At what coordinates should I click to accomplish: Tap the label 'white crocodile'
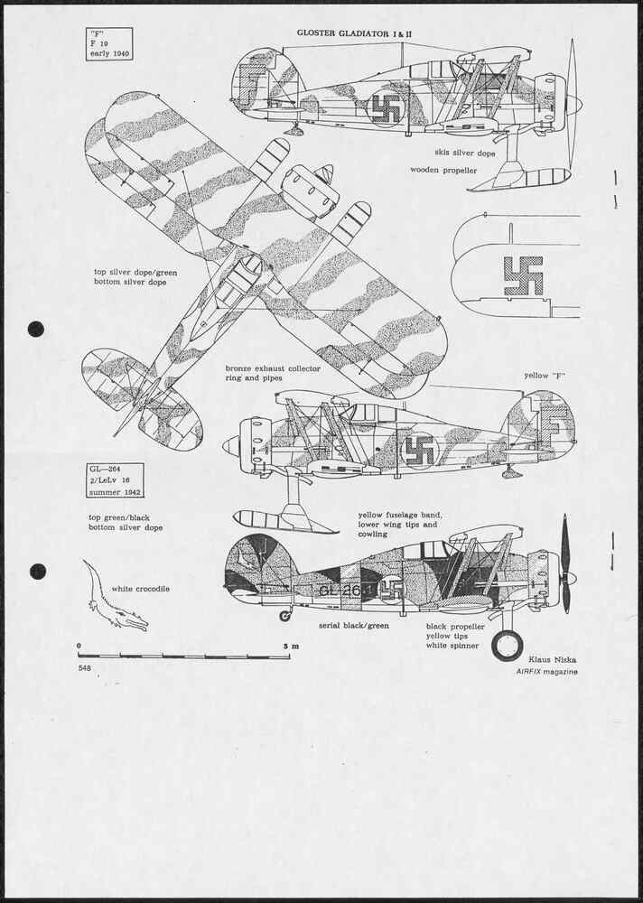click(141, 589)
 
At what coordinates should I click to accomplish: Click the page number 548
click(85, 668)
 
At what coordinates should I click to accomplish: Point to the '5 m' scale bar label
click(291, 646)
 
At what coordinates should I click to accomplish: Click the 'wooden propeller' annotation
click(443, 171)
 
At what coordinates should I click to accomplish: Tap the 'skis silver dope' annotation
click(465, 154)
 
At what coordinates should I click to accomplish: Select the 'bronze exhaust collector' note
click(273, 368)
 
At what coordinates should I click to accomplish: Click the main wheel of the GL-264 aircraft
click(508, 646)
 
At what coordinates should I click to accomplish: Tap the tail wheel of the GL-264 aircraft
click(285, 616)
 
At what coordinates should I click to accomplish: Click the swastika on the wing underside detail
click(523, 275)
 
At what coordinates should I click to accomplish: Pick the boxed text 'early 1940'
click(109, 54)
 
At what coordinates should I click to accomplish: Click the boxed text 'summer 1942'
click(113, 492)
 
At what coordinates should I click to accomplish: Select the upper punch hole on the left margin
click(36, 329)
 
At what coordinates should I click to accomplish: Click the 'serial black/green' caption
click(354, 626)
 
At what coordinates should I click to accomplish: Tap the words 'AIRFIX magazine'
click(546, 672)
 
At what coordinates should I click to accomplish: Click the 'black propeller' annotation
click(455, 627)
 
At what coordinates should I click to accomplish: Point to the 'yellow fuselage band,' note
click(400, 515)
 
